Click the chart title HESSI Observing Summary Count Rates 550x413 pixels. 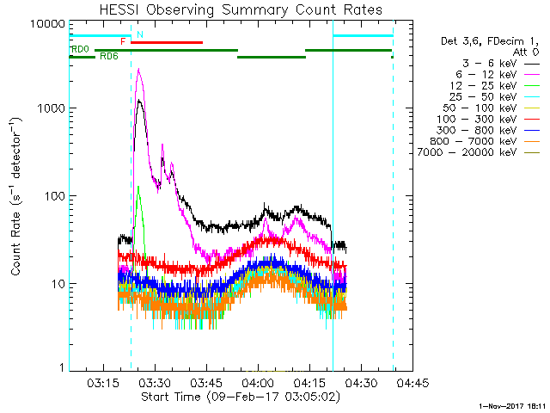pos(240,9)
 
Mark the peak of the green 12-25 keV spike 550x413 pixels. pos(137,186)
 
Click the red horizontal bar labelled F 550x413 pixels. pos(167,42)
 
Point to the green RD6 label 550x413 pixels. pos(109,57)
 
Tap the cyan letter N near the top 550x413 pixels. pos(140,34)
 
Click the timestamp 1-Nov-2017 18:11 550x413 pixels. pos(512,404)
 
